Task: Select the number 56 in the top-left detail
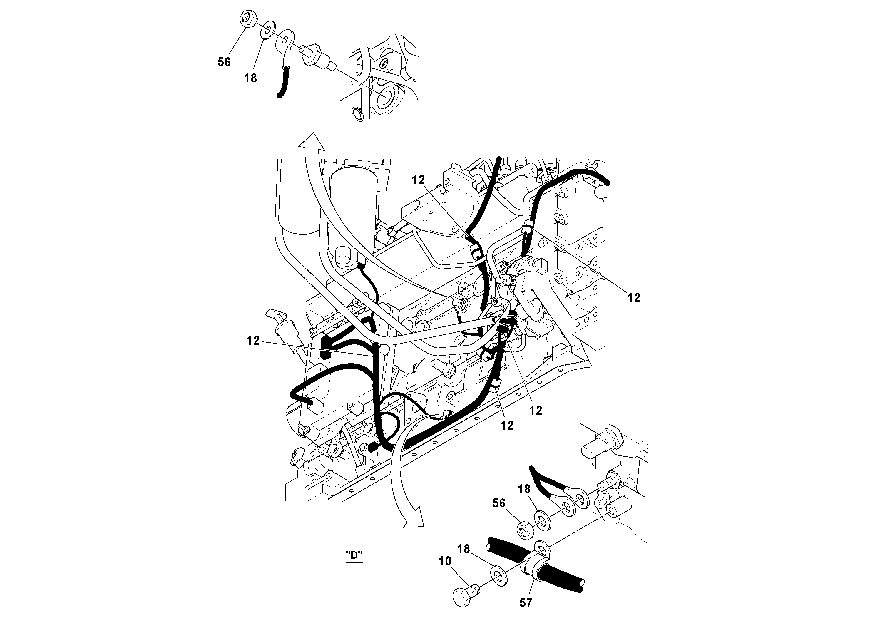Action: click(224, 62)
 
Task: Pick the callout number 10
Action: click(445, 561)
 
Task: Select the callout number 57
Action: click(526, 602)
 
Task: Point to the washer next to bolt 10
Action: click(497, 576)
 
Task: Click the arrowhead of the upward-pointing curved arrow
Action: click(311, 142)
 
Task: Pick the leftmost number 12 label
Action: click(253, 341)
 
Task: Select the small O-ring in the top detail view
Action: click(357, 113)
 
